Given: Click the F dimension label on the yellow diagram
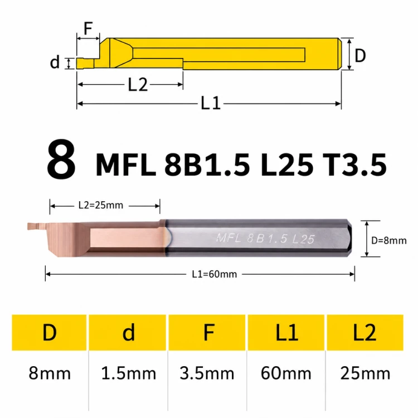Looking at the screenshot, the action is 88,28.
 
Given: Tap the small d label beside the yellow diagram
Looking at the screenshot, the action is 55,62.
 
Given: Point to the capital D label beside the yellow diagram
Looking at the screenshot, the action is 360,56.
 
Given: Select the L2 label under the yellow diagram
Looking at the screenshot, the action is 138,85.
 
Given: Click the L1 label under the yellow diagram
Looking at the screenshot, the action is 211,104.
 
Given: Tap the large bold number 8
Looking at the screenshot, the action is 61,159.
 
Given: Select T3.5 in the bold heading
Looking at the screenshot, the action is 354,165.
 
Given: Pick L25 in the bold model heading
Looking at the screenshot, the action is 287,165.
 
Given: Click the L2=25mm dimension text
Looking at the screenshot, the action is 101,205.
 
